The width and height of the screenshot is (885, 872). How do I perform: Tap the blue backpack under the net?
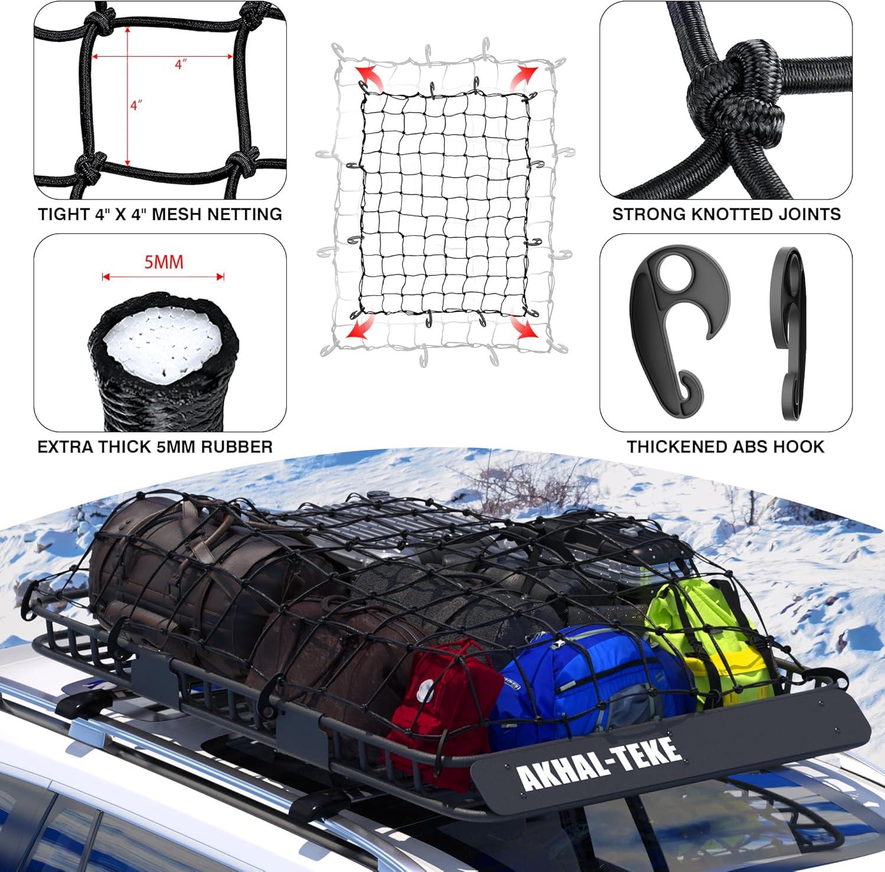tap(584, 679)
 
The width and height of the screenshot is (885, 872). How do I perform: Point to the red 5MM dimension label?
tap(164, 262)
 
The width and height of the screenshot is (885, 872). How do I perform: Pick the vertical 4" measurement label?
tap(136, 106)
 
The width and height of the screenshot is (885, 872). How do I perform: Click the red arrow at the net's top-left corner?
tap(368, 77)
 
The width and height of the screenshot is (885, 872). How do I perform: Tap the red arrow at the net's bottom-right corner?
tap(523, 326)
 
